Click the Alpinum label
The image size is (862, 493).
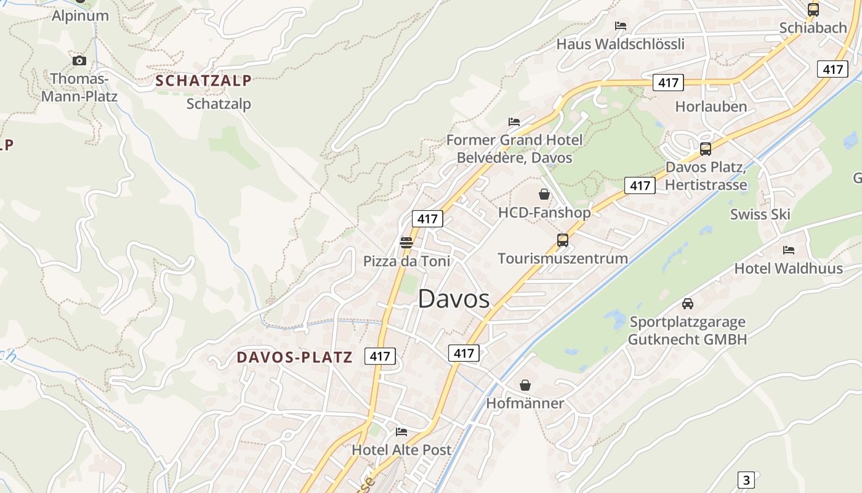pos(80,16)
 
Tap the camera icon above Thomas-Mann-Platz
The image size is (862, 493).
pos(79,60)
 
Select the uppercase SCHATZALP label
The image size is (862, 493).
pos(203,81)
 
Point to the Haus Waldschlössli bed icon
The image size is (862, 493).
pos(621,26)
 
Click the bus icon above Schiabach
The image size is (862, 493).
pos(813,9)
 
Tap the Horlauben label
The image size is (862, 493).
pos(711,107)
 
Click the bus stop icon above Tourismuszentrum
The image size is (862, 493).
pos(562,240)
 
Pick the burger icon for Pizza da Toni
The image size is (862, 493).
pos(406,243)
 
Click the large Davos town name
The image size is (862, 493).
pos(454,299)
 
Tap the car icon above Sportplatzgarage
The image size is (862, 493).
pos(688,304)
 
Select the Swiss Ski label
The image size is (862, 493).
pos(760,214)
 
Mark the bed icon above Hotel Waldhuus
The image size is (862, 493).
pos(789,250)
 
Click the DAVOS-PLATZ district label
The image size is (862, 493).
pos(294,357)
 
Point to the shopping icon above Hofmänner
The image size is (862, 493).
pos(525,385)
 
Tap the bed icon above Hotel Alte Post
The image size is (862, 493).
pos(401,432)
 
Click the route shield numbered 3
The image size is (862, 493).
pos(746,480)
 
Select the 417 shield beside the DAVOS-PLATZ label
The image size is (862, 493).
pos(380,356)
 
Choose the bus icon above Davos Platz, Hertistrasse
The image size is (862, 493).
pos(706,149)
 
